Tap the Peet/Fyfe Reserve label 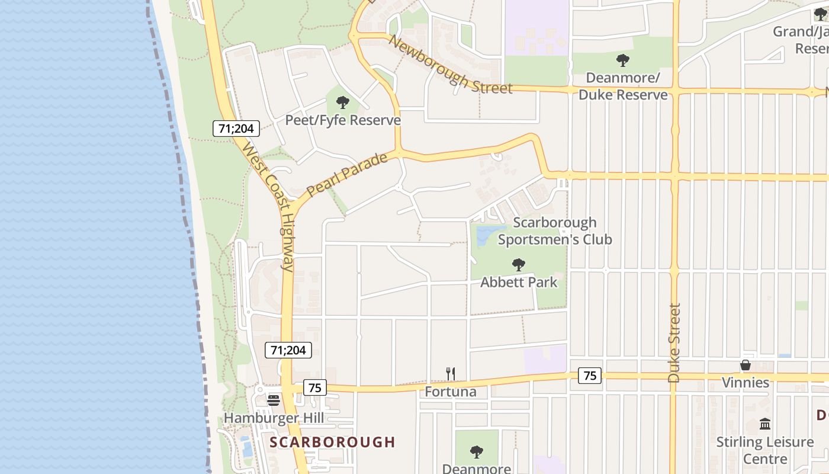tap(343, 120)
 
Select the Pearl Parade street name tap(347, 175)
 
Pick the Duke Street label tap(674, 343)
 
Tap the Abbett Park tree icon tap(519, 264)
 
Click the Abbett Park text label tap(519, 282)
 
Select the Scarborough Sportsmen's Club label tap(554, 231)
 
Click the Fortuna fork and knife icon tap(451, 373)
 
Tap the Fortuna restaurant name tap(451, 392)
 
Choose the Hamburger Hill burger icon tap(274, 400)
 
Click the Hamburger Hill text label tap(274, 418)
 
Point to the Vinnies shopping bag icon tap(746, 365)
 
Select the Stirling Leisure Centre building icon tap(764, 424)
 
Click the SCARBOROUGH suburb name tap(332, 442)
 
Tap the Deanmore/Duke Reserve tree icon tap(622, 60)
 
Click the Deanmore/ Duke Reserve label tap(622, 87)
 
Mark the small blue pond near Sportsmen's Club tap(489, 235)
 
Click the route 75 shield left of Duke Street tap(590, 375)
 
